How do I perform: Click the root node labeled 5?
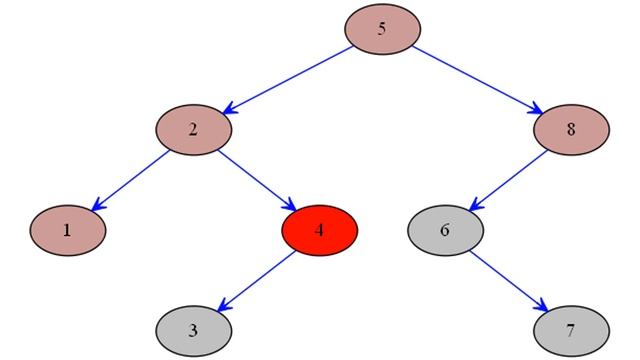click(382, 29)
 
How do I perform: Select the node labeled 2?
click(193, 129)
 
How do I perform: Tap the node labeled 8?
click(571, 129)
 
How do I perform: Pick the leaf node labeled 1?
click(67, 229)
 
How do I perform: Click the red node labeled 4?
click(319, 229)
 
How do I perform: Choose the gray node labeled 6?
click(445, 229)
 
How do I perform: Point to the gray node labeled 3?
click(193, 328)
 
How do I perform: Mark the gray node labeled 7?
click(571, 328)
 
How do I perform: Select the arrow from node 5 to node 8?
click(476, 79)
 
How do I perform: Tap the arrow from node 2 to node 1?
click(130, 179)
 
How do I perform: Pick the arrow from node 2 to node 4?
click(256, 179)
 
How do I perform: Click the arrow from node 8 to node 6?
click(508, 179)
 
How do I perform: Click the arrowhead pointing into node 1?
click(97, 205)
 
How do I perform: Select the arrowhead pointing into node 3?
click(223, 305)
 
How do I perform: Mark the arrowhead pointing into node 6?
click(475, 205)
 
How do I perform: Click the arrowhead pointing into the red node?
click(289, 205)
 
